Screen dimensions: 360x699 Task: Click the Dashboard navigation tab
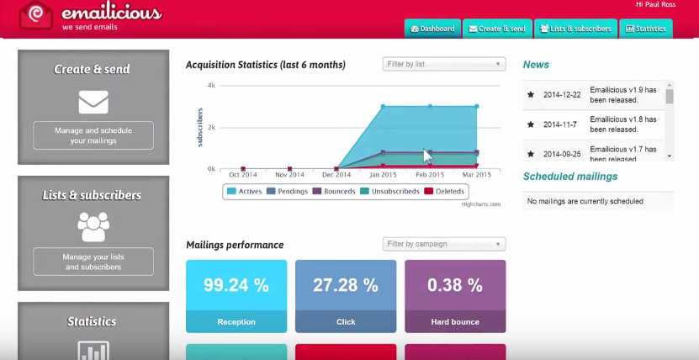[432, 29]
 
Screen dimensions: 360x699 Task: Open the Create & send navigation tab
[497, 29]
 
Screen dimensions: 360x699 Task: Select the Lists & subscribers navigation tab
[575, 29]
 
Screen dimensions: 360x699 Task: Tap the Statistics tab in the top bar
[645, 29]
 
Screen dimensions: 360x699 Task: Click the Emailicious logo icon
[37, 14]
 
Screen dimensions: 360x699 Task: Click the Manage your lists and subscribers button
[93, 262]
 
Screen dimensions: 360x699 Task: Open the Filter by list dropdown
[443, 64]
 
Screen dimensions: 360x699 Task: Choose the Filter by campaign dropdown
[443, 244]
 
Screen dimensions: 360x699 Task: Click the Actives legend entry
[245, 191]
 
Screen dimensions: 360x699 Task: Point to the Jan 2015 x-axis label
[383, 174]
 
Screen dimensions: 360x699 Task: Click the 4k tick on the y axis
[212, 85]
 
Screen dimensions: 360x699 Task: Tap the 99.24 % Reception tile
[236, 295]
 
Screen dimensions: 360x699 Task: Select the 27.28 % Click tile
[346, 295]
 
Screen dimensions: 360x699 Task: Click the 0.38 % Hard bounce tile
[455, 295]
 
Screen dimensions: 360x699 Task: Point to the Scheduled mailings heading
[570, 177]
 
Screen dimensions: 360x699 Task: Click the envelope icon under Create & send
[93, 102]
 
